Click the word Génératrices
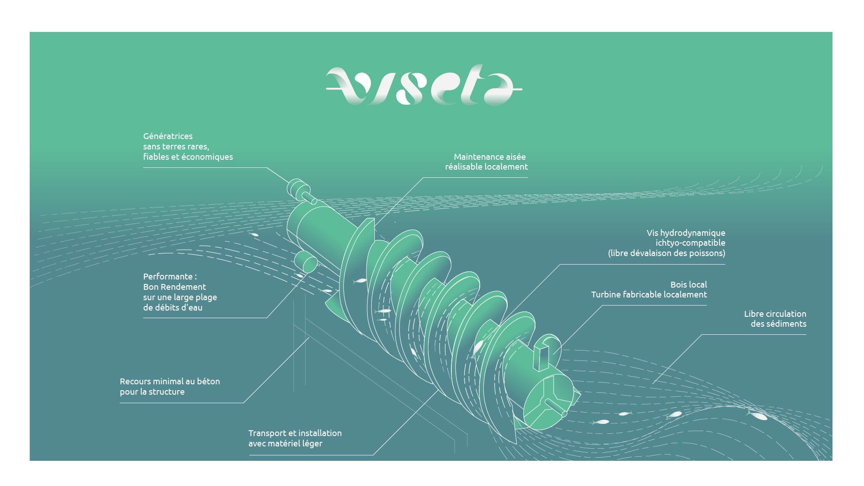168,136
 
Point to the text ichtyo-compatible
690,243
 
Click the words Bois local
688,284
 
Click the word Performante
167,276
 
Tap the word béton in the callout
208,381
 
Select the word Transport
268,433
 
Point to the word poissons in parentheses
706,253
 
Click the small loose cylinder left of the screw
306,262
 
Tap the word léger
312,444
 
